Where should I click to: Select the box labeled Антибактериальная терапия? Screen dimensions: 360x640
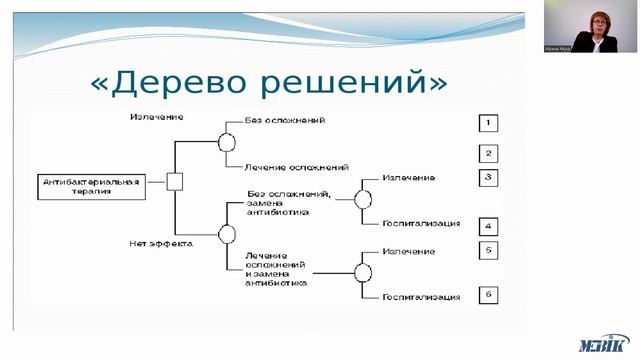click(90, 185)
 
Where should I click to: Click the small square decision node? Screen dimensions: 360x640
click(175, 182)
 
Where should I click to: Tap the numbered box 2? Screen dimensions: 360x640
click(487, 153)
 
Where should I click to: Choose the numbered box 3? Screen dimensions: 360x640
click(487, 178)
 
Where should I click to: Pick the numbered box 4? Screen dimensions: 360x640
click(487, 226)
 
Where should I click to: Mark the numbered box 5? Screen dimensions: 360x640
click(487, 250)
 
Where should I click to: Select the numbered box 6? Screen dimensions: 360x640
click(487, 295)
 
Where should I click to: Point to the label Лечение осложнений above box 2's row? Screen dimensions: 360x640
click(296, 166)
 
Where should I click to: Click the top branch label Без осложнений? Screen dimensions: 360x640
click(284, 120)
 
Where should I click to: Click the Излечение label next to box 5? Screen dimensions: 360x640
click(408, 251)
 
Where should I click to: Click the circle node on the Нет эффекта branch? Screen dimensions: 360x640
click(226, 234)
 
